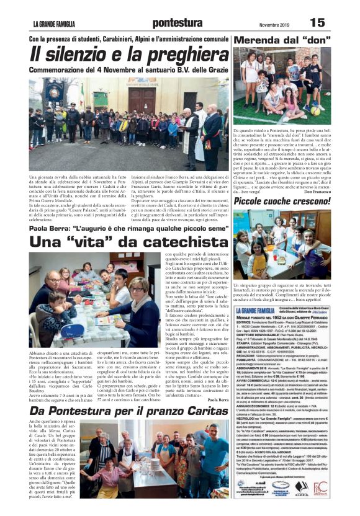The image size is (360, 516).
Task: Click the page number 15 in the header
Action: [317, 23]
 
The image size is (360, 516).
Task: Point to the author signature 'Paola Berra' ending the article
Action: [218, 400]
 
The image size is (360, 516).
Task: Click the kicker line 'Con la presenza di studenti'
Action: [130, 39]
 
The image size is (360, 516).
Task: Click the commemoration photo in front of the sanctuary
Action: [128, 123]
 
